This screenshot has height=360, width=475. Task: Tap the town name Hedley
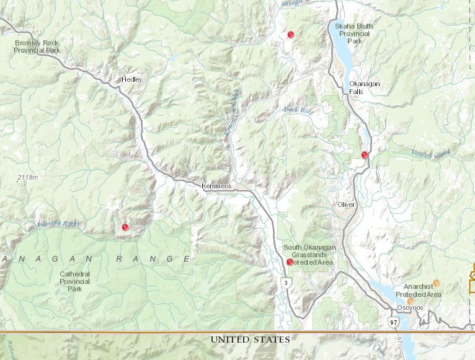tap(132, 80)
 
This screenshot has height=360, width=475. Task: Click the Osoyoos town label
tap(410, 308)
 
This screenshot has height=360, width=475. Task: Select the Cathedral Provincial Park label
tap(75, 281)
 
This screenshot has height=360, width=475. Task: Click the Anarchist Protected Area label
tap(422, 290)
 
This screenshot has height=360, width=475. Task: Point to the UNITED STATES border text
tap(250, 340)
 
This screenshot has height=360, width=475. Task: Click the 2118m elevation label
tap(27, 178)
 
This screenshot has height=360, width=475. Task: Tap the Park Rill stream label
tap(296, 110)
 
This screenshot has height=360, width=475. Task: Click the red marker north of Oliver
tap(365, 155)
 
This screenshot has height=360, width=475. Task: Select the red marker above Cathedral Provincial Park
tap(125, 227)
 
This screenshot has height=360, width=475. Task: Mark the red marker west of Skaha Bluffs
tap(290, 35)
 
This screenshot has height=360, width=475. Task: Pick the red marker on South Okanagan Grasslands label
tap(290, 262)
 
